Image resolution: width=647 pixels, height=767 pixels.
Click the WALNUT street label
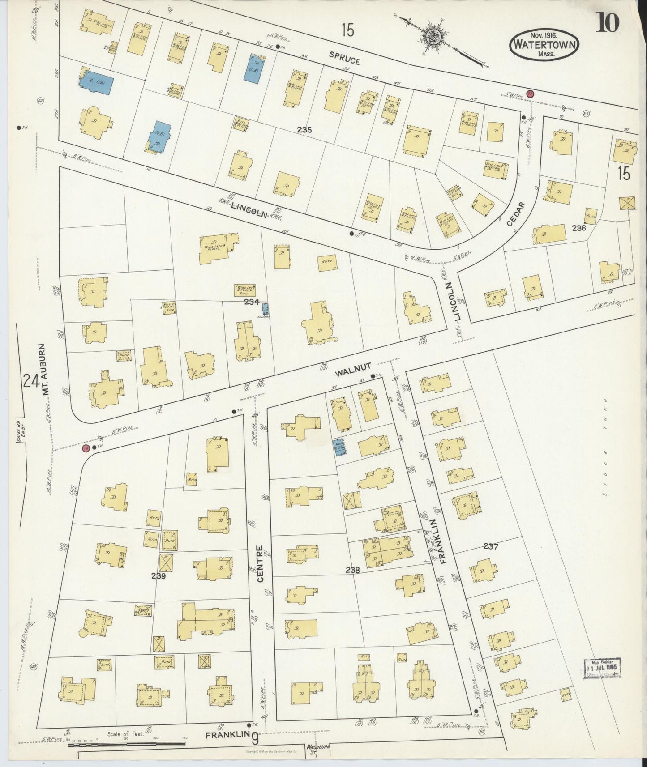(x=348, y=371)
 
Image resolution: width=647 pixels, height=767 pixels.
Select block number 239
(x=159, y=576)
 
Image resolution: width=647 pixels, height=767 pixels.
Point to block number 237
(x=491, y=546)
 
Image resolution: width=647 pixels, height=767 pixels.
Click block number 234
(x=252, y=302)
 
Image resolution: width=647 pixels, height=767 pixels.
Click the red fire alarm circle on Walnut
(x=85, y=447)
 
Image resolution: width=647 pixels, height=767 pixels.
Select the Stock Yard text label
(x=604, y=447)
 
